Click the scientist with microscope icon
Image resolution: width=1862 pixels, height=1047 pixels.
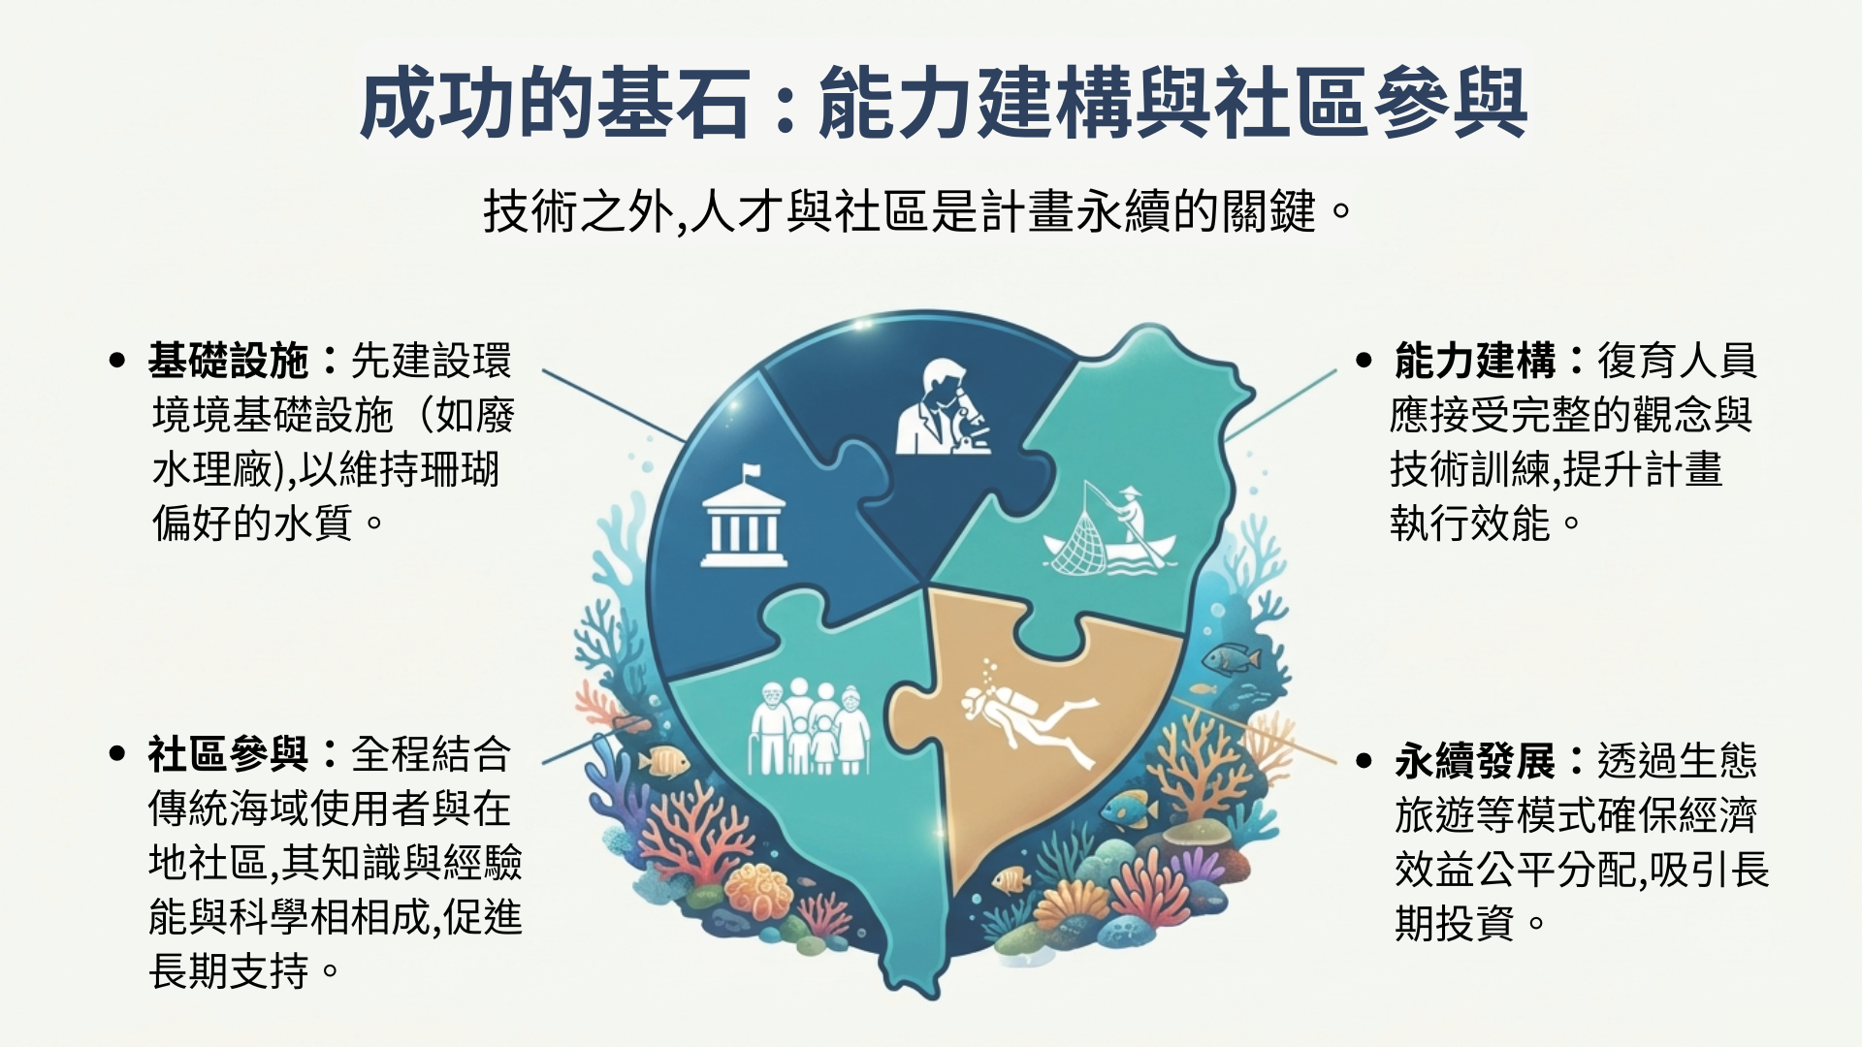[x=940, y=407]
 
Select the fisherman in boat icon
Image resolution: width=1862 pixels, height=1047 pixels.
[x=1108, y=528]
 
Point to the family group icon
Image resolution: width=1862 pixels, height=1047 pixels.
[x=809, y=726]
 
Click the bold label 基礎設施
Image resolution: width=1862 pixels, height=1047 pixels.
[x=229, y=361]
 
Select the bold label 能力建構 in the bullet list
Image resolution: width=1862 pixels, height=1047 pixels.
[x=1475, y=361]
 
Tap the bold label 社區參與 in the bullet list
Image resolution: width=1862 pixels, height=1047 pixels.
[x=229, y=754]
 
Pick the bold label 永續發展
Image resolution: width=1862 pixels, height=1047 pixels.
[x=1475, y=761]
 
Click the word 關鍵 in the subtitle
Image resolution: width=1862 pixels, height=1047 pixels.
[x=1268, y=210]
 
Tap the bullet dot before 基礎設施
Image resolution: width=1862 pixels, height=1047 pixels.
[x=117, y=361]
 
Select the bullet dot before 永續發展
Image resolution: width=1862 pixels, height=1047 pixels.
[x=1364, y=761]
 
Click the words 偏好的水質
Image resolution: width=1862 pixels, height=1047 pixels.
[x=253, y=524]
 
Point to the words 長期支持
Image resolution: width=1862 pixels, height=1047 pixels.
[x=229, y=971]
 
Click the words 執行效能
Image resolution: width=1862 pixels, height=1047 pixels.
[x=1470, y=524]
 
